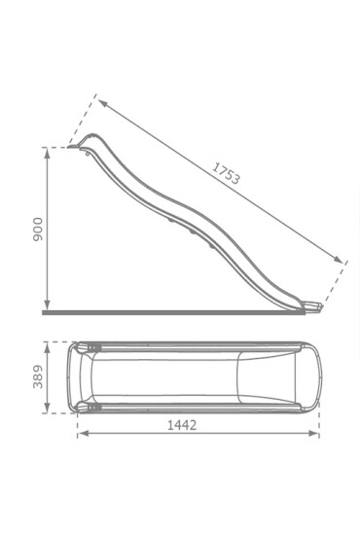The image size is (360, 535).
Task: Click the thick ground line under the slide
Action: [175, 313]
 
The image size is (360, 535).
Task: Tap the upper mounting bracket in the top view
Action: [94, 347]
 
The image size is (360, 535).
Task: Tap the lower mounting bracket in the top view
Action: [94, 406]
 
